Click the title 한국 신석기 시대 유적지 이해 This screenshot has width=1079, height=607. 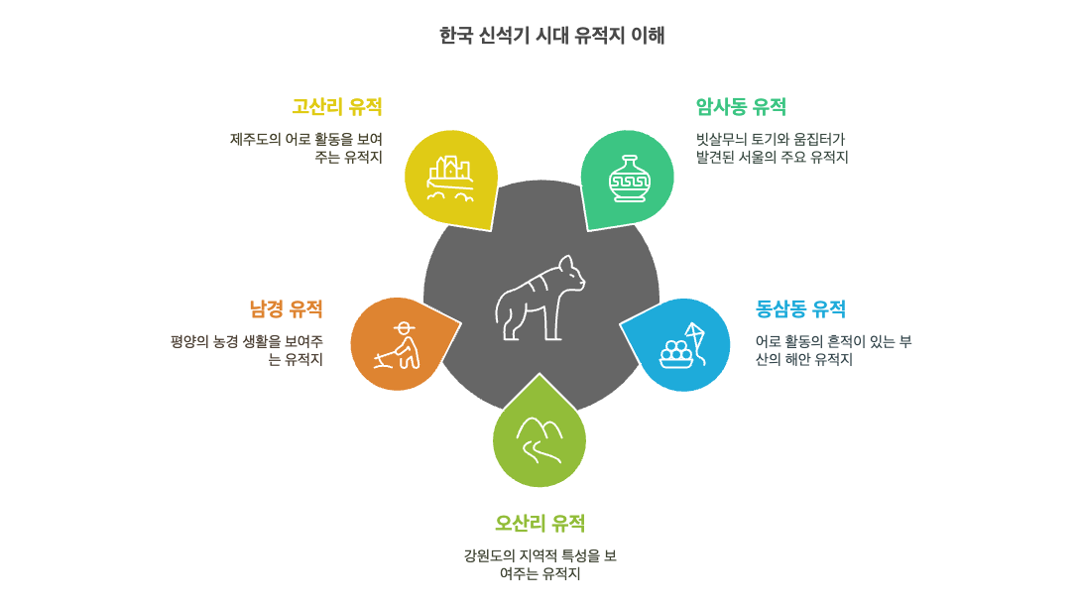click(x=551, y=36)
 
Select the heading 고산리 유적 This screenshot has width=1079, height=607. click(x=336, y=107)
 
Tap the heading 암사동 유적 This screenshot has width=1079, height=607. click(x=741, y=107)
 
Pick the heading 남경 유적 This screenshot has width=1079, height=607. click(x=286, y=309)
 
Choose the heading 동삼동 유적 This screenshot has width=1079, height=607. click(x=800, y=309)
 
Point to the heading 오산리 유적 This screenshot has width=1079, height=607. click(x=539, y=524)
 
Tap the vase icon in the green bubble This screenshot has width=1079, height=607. click(x=629, y=179)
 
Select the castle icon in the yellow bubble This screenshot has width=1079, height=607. click(x=449, y=177)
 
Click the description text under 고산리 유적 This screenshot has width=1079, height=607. click(x=306, y=149)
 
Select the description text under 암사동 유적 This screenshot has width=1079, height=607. click(x=772, y=149)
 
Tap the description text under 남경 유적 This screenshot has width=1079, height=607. click(x=247, y=351)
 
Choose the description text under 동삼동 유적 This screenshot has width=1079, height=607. click(x=833, y=351)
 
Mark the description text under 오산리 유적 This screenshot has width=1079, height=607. click(x=539, y=565)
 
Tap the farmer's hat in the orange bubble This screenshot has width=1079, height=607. click(x=404, y=326)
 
